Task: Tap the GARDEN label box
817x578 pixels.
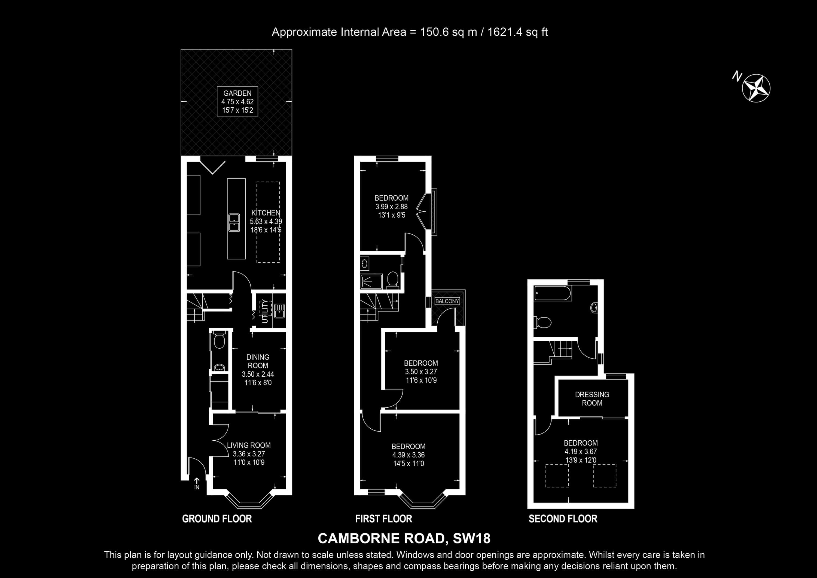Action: click(237, 101)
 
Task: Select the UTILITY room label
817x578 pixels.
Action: click(264, 311)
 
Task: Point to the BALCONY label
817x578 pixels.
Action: click(447, 301)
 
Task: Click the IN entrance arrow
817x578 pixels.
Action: click(197, 481)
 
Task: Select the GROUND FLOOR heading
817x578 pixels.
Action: click(217, 519)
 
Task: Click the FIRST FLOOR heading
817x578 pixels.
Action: click(384, 519)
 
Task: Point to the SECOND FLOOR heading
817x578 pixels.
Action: click(563, 519)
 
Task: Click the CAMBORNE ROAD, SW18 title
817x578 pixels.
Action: click(404, 538)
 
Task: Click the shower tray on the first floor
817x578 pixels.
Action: click(371, 281)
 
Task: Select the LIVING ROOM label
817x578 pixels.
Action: click(249, 445)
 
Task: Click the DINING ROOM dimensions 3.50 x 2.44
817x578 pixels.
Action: click(258, 374)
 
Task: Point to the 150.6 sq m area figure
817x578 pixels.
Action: click(449, 32)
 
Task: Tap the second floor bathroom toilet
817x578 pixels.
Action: click(543, 323)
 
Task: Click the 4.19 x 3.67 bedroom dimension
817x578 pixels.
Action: click(581, 452)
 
